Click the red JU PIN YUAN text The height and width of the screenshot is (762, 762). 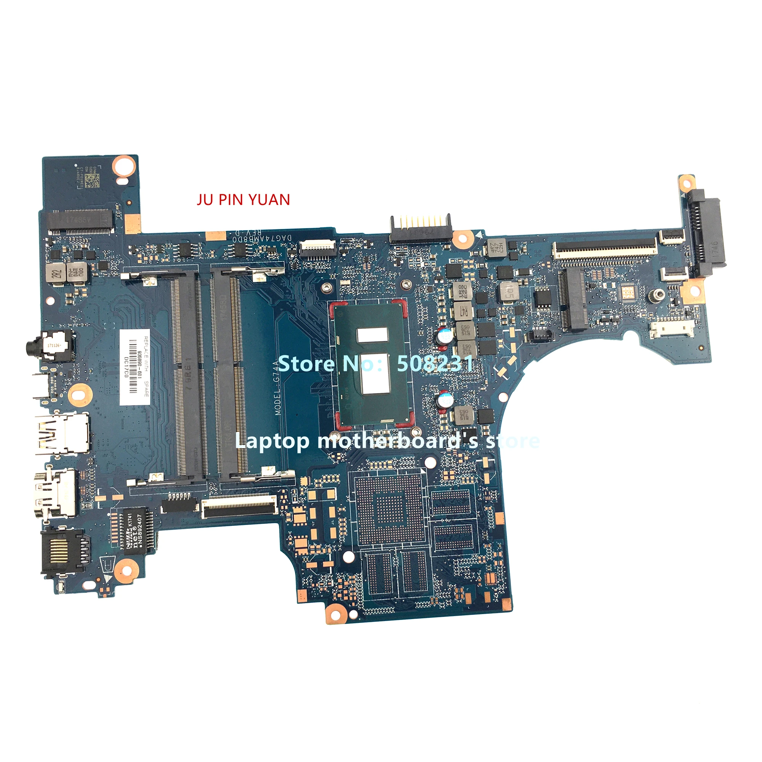[x=243, y=200]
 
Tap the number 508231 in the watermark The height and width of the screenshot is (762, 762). [x=435, y=363]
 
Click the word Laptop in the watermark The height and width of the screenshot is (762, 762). [x=272, y=440]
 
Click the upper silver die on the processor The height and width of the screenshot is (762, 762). [x=372, y=335]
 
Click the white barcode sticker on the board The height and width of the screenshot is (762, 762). [x=134, y=367]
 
